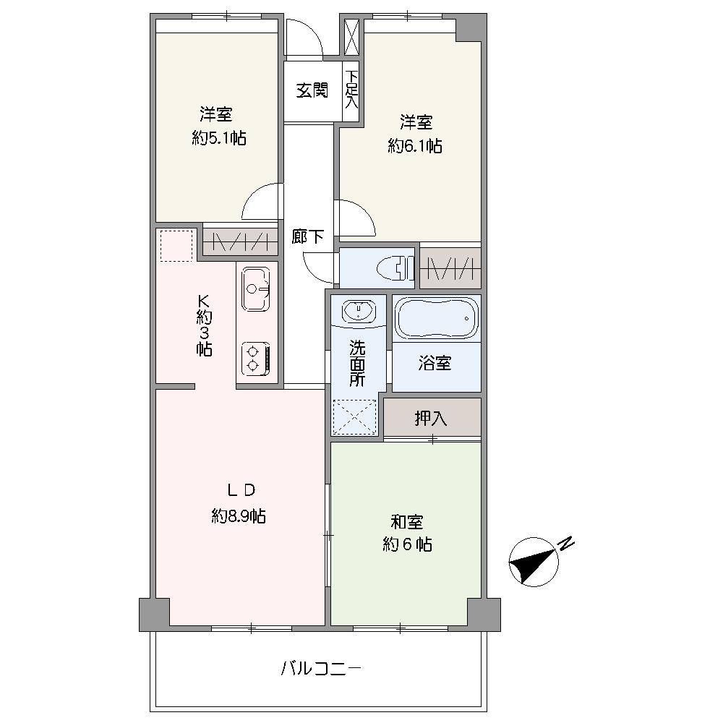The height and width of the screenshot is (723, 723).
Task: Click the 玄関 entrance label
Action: click(x=312, y=90)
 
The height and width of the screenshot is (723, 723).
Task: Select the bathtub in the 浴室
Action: click(x=437, y=317)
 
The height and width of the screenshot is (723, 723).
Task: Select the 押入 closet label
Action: click(x=430, y=418)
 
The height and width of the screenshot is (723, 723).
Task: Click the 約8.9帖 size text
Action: click(x=239, y=516)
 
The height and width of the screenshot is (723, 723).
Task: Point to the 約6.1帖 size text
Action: click(x=415, y=146)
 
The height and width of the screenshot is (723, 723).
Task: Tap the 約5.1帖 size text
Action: click(x=218, y=138)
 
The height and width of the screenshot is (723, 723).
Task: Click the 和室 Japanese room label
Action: click(x=407, y=522)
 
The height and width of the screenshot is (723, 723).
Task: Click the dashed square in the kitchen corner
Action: click(x=176, y=245)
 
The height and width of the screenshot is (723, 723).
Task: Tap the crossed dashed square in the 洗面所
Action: click(x=354, y=417)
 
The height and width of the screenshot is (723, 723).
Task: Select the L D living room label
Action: click(x=240, y=490)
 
